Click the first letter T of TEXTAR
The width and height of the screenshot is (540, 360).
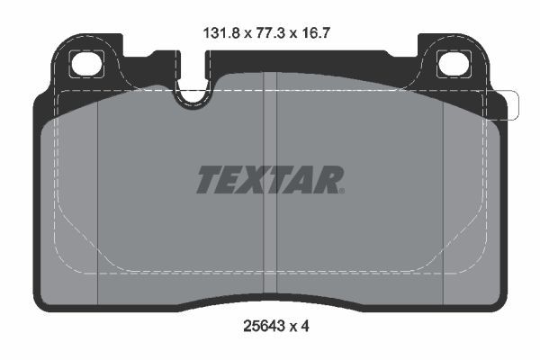[209, 180]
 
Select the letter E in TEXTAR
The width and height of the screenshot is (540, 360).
[231, 180]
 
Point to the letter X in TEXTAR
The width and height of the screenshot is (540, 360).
[255, 180]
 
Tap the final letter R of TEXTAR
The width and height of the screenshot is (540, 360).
[325, 180]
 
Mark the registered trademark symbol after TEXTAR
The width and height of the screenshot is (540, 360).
[341, 190]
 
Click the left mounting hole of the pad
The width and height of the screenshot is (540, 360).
[88, 65]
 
